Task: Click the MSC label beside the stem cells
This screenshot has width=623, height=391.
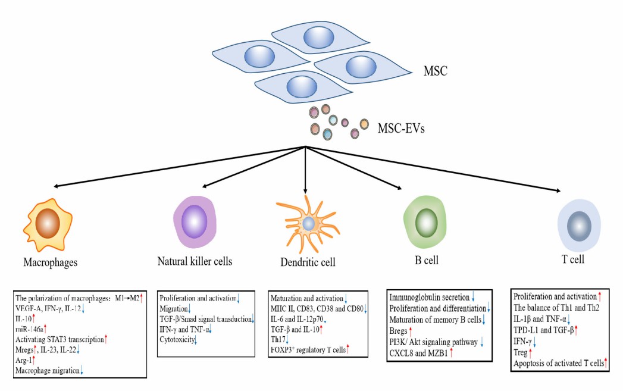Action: coord(435,72)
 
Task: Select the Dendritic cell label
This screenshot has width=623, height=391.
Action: coord(308,262)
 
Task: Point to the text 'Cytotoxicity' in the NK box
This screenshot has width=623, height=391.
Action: coord(177,339)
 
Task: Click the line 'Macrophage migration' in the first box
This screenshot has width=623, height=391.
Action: coord(48,370)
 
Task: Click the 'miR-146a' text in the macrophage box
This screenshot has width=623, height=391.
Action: coord(29,329)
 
